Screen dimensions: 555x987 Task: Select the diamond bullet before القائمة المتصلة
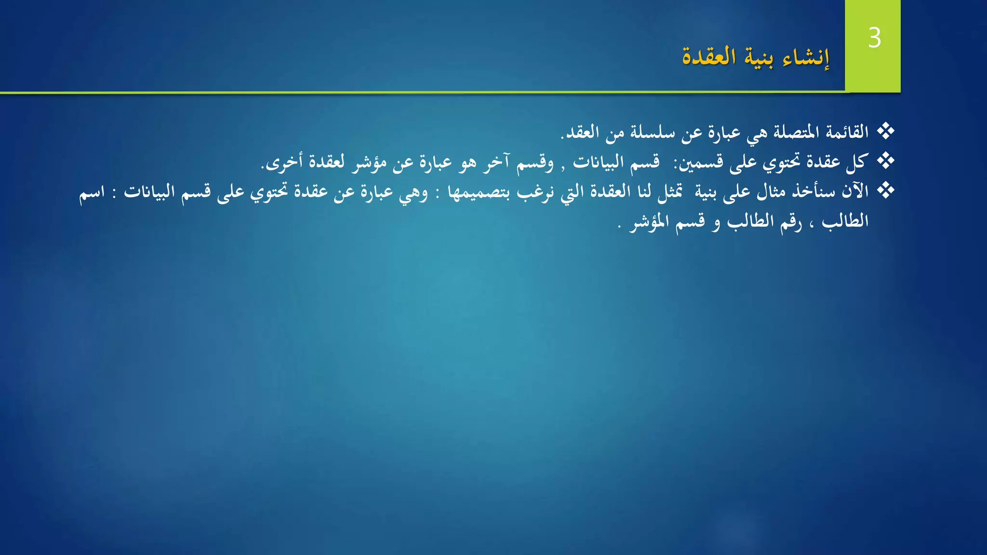885,131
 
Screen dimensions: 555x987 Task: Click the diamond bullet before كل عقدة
885,161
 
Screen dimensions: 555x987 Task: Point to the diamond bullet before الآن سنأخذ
885,191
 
